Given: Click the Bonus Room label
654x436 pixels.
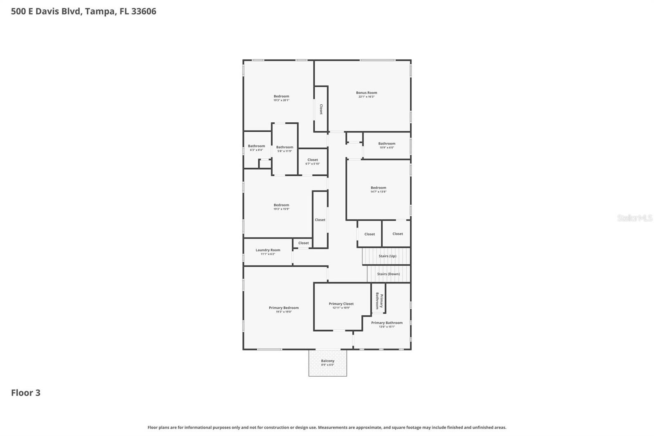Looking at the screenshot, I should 366,93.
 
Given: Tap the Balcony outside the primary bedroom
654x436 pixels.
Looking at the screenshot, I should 327,362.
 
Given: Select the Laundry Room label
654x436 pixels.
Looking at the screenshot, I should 268,250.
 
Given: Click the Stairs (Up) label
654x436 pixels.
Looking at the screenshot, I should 387,256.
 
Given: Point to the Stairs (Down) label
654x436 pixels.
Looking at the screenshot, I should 388,274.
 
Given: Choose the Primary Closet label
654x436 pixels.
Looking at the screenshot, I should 341,304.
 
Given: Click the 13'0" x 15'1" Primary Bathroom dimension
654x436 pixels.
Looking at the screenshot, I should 387,327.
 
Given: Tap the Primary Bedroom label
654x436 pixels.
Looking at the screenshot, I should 284,308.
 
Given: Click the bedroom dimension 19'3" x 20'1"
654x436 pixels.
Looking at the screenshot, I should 281,100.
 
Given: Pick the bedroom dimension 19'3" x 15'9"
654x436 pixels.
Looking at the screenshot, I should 281,209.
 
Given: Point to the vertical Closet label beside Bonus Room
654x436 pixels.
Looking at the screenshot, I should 321,109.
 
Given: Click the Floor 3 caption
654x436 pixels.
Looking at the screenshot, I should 26,393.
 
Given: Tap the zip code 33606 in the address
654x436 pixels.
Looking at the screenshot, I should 143,11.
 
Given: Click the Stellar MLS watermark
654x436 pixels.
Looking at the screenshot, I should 634,218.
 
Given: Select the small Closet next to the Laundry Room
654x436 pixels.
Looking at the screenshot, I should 303,243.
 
